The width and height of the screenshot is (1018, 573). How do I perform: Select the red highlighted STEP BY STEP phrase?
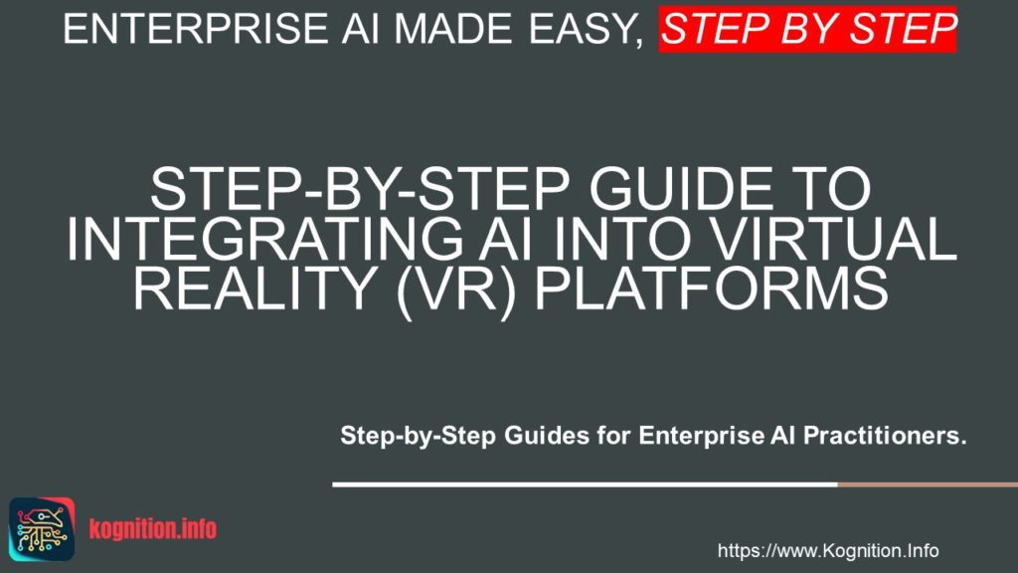[x=807, y=30]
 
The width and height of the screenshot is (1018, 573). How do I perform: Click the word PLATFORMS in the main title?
[x=721, y=290]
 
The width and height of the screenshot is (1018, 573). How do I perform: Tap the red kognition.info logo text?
[x=151, y=528]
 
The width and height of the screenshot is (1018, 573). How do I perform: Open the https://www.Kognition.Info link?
[x=827, y=551]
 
